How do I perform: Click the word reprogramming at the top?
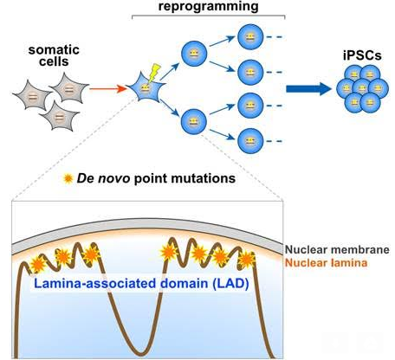tap(208, 7)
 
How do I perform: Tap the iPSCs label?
tap(362, 55)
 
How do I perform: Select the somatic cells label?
tap(54, 55)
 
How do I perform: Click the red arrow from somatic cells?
tap(108, 88)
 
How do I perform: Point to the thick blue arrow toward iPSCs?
tap(308, 89)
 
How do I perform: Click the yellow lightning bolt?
tap(154, 73)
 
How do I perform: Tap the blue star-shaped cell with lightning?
tap(146, 87)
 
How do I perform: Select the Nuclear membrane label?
tap(337, 250)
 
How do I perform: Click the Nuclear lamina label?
tap(327, 263)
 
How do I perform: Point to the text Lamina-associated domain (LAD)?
tap(141, 283)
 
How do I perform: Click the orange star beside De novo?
tap(68, 179)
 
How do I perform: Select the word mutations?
tap(204, 178)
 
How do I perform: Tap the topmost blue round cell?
tap(250, 37)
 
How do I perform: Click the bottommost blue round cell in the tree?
tap(250, 141)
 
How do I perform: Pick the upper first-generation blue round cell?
tap(194, 54)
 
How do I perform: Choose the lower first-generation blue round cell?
tap(194, 122)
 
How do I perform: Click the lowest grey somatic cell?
tap(59, 117)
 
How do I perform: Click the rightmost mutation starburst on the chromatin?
tap(246, 260)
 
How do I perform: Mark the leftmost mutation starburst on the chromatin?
tap(37, 265)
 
